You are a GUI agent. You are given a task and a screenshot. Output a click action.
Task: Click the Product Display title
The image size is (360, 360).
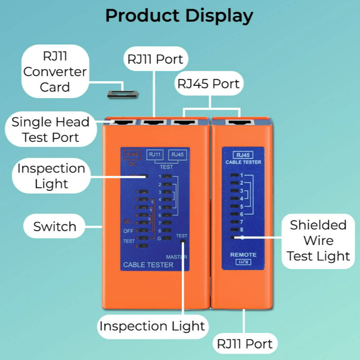[x=179, y=16]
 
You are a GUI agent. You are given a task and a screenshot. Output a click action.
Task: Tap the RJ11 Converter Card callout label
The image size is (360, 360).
[x=55, y=72]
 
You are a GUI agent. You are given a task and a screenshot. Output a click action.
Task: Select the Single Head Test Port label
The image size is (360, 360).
[x=50, y=129]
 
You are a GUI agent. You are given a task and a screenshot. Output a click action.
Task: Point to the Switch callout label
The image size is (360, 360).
[x=55, y=227]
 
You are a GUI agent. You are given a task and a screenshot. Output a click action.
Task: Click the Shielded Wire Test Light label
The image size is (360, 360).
[x=318, y=240]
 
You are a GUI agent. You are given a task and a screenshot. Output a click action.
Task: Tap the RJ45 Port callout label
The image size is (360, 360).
[x=209, y=84]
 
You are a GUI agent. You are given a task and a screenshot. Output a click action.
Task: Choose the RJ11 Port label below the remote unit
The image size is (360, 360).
[x=245, y=343]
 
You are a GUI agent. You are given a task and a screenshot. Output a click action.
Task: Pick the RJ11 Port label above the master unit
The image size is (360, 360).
[x=155, y=59]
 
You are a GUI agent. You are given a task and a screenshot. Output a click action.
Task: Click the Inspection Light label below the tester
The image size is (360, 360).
[x=152, y=326]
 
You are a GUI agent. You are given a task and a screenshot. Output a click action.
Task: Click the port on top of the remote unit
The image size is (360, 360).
[x=241, y=123]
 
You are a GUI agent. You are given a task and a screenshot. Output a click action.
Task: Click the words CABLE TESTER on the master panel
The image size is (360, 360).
[x=148, y=265]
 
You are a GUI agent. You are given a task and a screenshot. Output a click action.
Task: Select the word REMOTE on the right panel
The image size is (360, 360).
[x=244, y=255]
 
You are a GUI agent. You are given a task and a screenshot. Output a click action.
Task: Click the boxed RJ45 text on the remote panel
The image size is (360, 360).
[x=243, y=155]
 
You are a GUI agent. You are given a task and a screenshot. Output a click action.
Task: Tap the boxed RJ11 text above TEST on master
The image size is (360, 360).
[x=155, y=155]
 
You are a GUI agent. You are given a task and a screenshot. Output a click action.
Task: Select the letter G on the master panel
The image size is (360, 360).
[x=159, y=238]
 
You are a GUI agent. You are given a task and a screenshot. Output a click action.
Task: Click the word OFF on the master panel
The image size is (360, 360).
[x=128, y=231]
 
